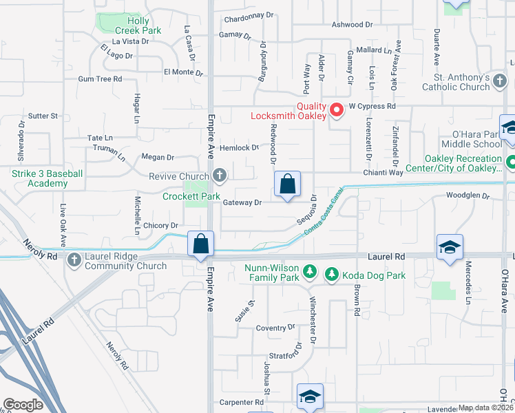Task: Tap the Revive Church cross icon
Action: pyautogui.click(x=220, y=176)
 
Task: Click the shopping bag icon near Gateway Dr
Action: pyautogui.click(x=288, y=184)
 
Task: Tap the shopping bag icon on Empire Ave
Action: pyautogui.click(x=201, y=244)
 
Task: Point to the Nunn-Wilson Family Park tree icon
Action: pyautogui.click(x=311, y=273)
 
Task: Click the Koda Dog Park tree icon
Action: pyautogui.click(x=331, y=275)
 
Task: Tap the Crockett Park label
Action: pyautogui.click(x=191, y=196)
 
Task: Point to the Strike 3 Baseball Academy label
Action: pyautogui.click(x=48, y=178)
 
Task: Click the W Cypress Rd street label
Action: pyautogui.click(x=372, y=107)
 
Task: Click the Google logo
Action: pyautogui.click(x=23, y=405)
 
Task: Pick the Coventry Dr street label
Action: pyautogui.click(x=275, y=328)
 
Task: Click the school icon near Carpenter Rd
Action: pyautogui.click(x=310, y=396)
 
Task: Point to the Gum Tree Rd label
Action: pyautogui.click(x=100, y=79)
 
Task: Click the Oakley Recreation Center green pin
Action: pyautogui.click(x=512, y=164)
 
